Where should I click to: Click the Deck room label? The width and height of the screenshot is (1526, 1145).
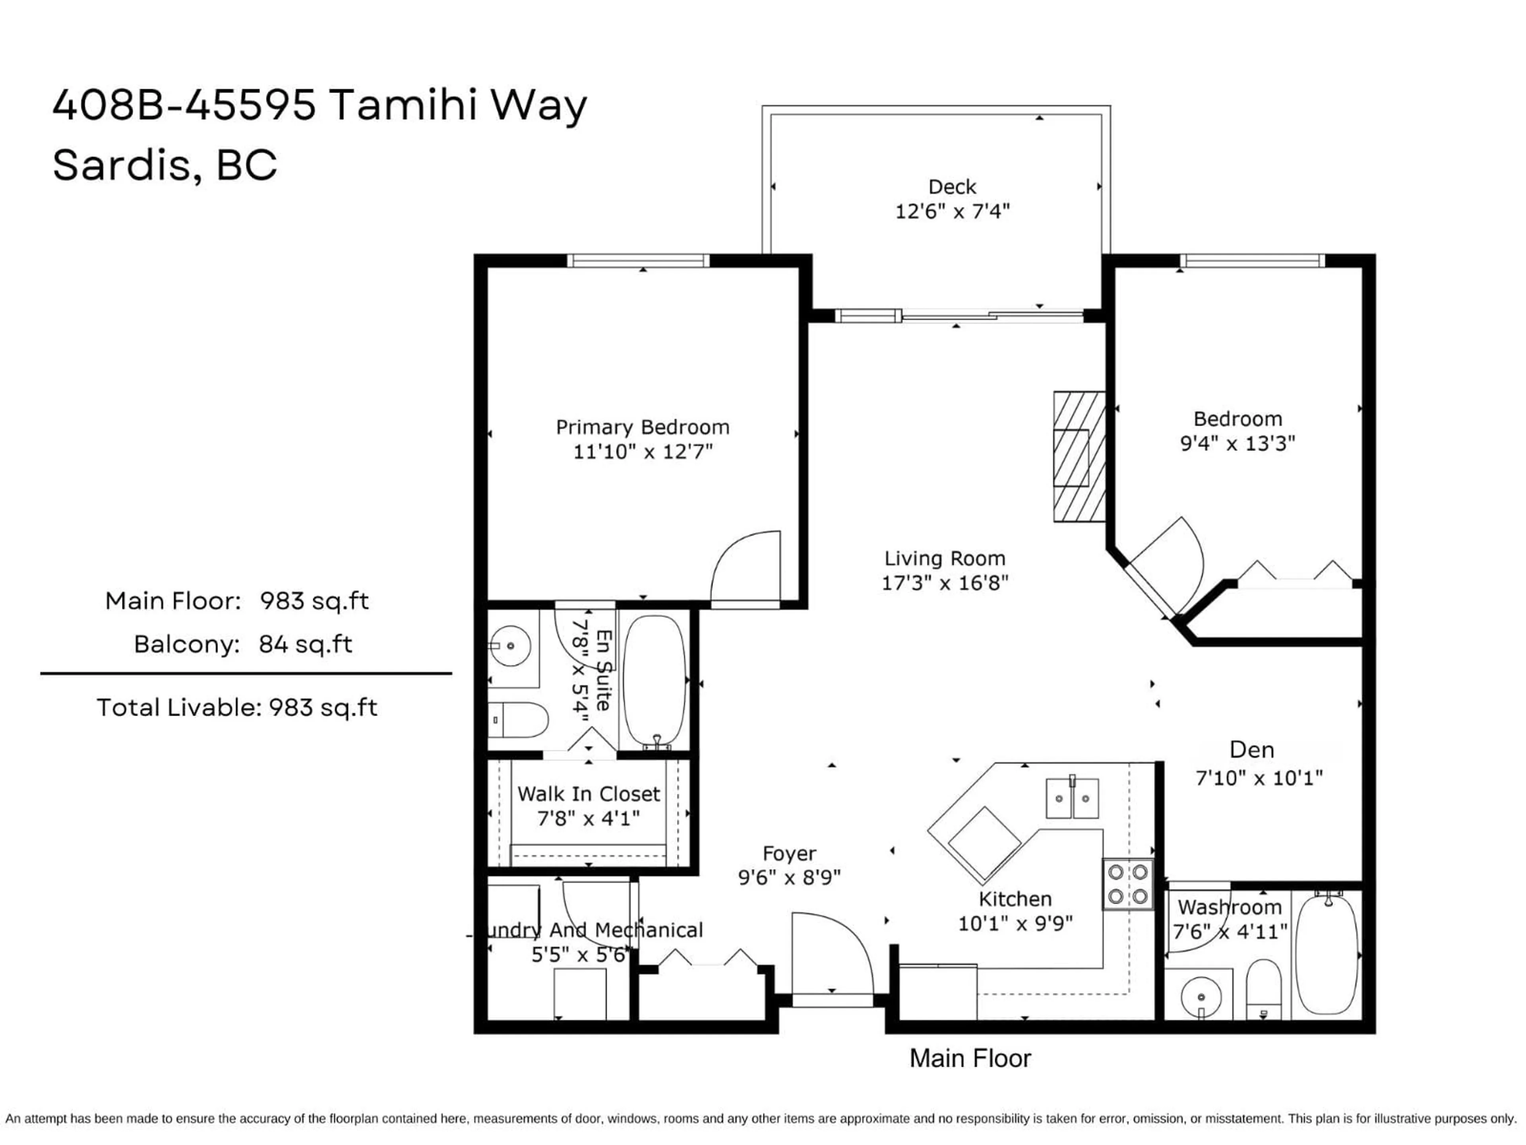(x=952, y=187)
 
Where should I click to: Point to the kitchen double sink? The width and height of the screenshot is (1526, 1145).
(x=1072, y=799)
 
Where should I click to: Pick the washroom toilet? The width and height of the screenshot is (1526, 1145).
(x=1264, y=987)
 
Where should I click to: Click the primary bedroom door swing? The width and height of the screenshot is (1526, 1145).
(x=745, y=567)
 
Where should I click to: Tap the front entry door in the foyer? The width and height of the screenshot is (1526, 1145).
(x=831, y=956)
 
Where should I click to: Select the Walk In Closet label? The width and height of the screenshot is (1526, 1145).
(x=589, y=794)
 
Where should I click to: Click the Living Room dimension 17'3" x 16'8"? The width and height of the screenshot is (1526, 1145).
(x=945, y=583)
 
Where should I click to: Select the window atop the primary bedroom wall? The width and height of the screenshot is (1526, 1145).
(x=638, y=261)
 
